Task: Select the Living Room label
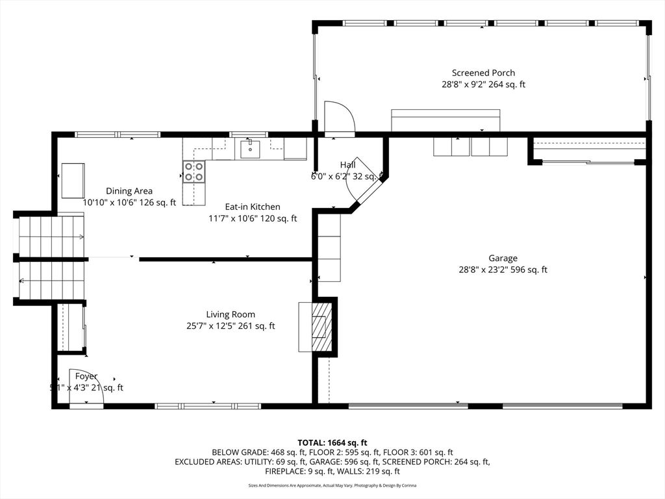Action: (x=231, y=314)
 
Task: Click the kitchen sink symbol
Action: (x=250, y=149)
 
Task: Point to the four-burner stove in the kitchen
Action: (x=194, y=171)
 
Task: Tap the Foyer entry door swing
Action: (x=84, y=390)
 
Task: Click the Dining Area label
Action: (x=129, y=191)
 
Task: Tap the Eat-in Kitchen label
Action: (x=253, y=207)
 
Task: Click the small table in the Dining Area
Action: (x=73, y=180)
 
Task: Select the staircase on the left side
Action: (x=51, y=259)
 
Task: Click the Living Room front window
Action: (x=208, y=406)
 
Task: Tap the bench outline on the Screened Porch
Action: (x=445, y=120)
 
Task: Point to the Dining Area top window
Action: (x=118, y=134)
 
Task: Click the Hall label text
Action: (x=347, y=165)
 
